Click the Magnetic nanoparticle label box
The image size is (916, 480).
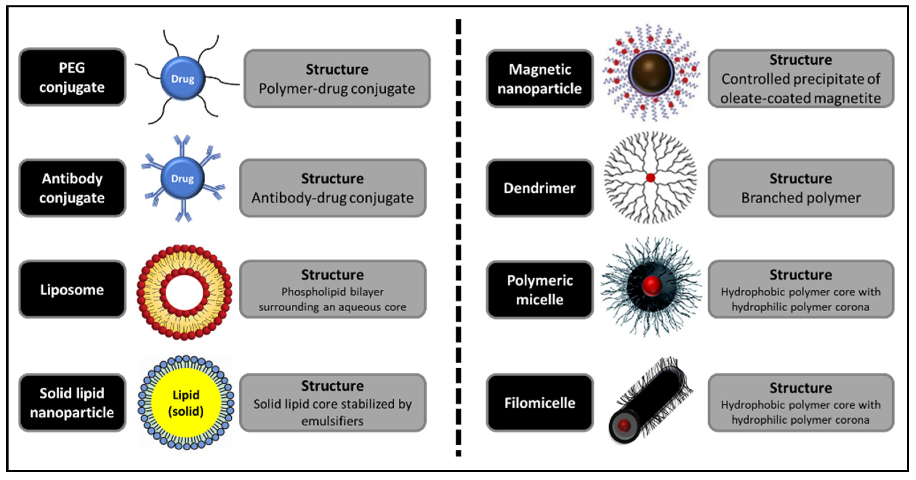[540, 78]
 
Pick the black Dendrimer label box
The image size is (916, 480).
[540, 188]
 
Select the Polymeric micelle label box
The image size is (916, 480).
[540, 289]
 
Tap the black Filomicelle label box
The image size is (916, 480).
[540, 403]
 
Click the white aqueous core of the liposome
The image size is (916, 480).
[184, 293]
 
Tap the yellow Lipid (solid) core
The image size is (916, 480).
[186, 403]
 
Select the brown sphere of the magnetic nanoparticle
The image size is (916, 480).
[651, 73]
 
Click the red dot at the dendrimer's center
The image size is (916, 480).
[650, 178]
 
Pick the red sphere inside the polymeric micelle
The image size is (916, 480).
[652, 285]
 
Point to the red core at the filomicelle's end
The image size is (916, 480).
[624, 425]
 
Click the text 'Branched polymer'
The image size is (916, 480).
[801, 198]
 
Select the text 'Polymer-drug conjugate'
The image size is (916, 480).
[337, 89]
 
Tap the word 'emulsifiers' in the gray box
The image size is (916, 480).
[332, 421]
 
